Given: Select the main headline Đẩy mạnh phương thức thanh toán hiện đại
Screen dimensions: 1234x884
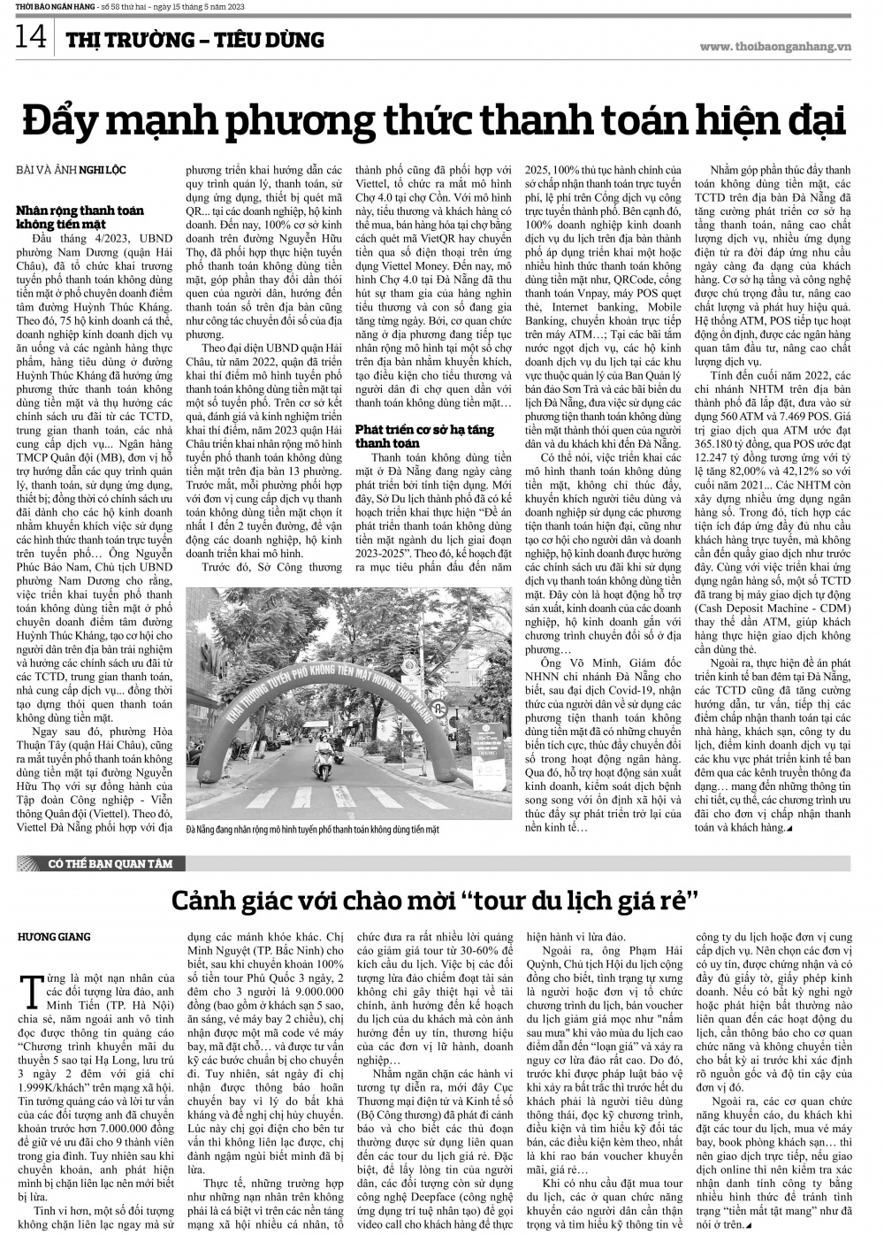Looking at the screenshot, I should pos(433,120).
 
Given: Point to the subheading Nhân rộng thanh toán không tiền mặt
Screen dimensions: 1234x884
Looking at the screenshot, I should pos(80,216).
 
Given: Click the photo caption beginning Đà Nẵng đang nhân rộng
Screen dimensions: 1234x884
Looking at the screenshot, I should pos(313,830).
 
